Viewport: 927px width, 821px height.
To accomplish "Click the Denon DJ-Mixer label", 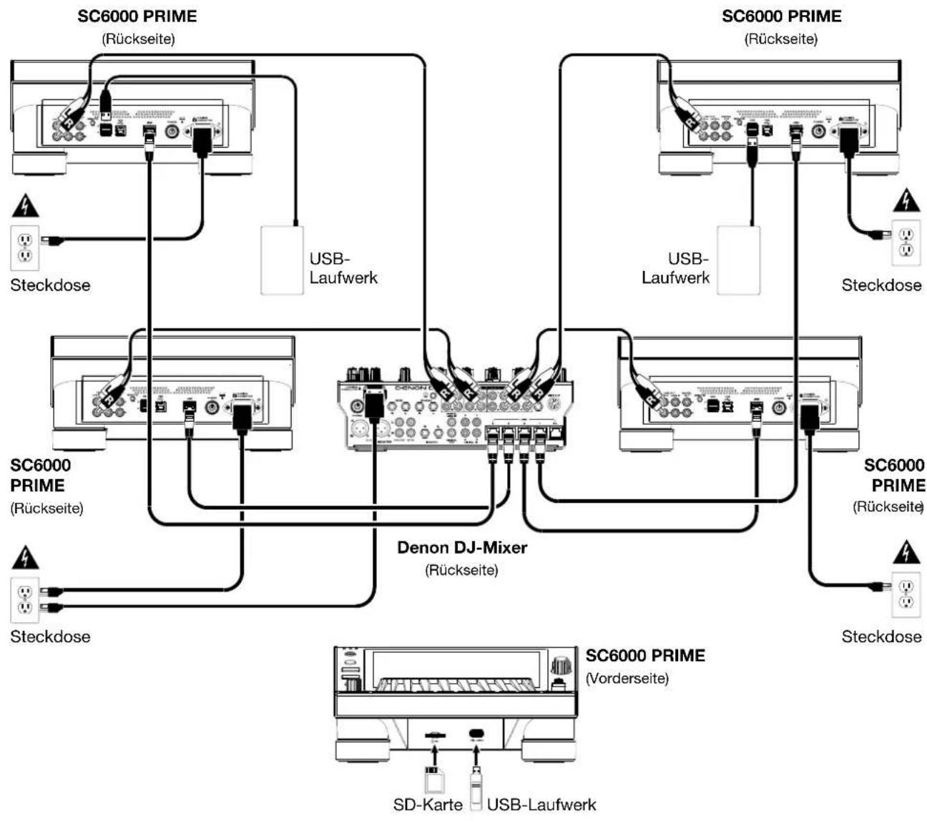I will click(462, 548).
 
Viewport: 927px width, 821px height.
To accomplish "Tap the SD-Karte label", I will click(428, 805).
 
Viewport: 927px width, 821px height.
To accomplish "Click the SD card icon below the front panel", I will click(431, 778).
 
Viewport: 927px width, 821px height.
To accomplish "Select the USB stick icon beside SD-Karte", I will click(474, 783).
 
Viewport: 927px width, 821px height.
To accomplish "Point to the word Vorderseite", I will click(627, 678).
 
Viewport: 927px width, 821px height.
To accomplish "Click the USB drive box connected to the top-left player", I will click(282, 260).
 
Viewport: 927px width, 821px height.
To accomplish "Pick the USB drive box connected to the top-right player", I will click(738, 260).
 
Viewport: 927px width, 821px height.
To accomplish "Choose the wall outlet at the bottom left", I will click(24, 599).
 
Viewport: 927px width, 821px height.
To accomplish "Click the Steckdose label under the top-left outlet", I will click(50, 285).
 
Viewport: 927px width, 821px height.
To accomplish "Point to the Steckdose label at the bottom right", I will click(881, 636).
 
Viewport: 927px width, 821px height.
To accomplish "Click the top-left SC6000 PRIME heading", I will click(137, 16).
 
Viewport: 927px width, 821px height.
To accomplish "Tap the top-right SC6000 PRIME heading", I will click(781, 16).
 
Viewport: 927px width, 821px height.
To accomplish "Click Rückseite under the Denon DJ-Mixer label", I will click(461, 570).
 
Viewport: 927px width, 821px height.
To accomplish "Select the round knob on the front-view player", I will click(561, 664).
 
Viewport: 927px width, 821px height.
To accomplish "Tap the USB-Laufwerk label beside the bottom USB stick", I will click(541, 805).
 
